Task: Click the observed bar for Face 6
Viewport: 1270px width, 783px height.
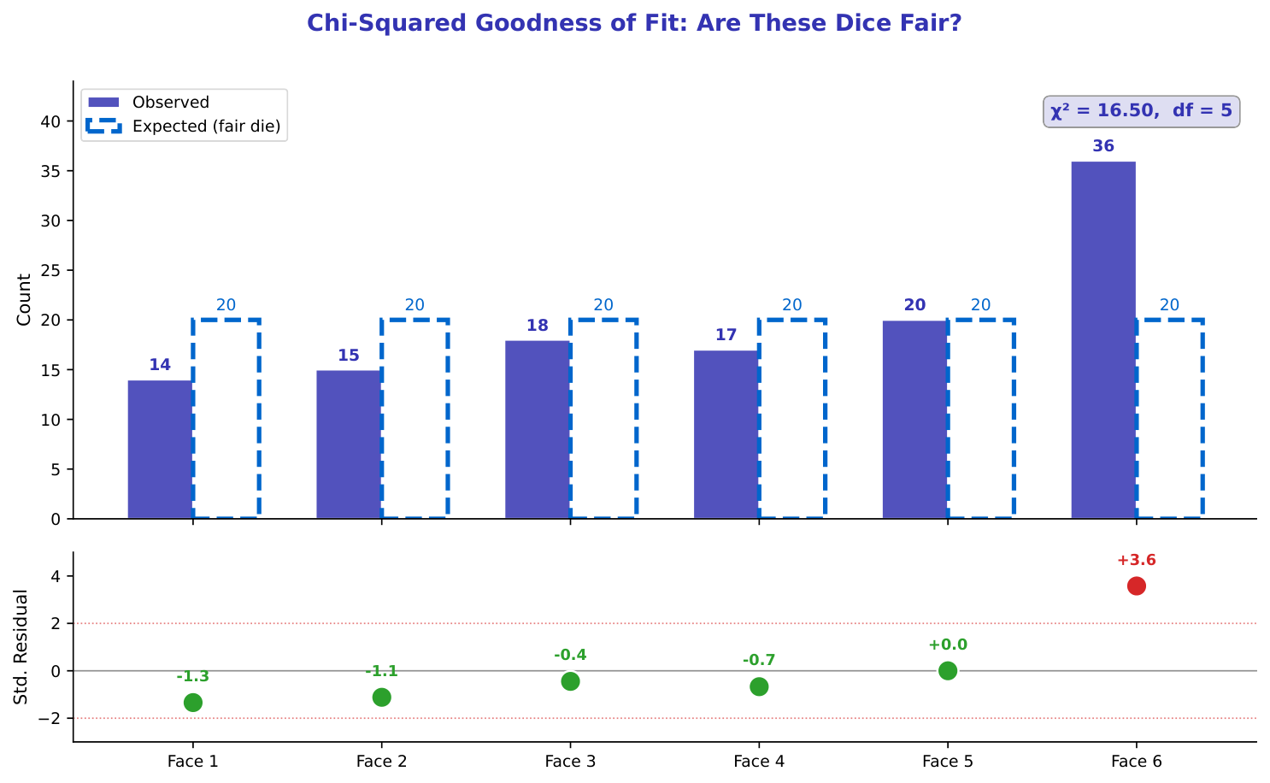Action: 1103,339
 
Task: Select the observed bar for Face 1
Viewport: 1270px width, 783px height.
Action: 160,449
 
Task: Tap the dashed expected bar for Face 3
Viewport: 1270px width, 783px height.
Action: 603,419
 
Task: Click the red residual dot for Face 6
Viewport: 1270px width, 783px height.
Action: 1136,586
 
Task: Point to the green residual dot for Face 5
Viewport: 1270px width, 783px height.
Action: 947,670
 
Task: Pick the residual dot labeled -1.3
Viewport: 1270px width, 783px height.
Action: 193,702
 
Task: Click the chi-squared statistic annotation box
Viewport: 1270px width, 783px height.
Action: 1141,111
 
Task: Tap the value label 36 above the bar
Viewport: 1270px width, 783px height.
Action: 1103,146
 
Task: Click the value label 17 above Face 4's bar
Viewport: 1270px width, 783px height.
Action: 726,335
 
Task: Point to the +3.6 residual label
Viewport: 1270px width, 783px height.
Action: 1136,561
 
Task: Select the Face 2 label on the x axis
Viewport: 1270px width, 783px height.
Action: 381,761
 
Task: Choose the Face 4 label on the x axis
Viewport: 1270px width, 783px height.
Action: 759,761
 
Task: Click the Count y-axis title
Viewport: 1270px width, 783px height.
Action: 24,299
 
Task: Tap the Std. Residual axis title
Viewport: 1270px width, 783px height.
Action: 21,646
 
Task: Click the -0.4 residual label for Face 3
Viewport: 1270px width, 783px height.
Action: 570,656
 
